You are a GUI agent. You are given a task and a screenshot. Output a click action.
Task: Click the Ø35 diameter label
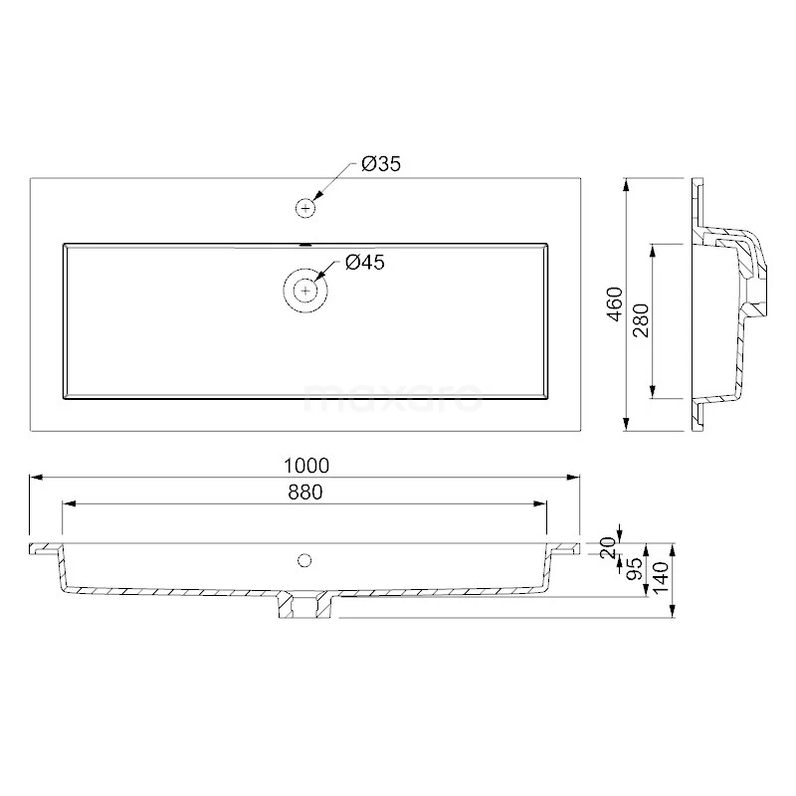381,165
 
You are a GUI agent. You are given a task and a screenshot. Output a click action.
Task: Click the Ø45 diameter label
364,263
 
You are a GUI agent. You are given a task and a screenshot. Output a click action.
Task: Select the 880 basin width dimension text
304,492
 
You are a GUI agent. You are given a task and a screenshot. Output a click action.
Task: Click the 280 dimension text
641,320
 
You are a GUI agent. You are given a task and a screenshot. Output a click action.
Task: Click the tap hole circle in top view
305,208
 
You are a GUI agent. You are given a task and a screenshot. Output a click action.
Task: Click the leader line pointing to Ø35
333,182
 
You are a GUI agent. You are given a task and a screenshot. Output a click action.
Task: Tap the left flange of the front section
45,549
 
